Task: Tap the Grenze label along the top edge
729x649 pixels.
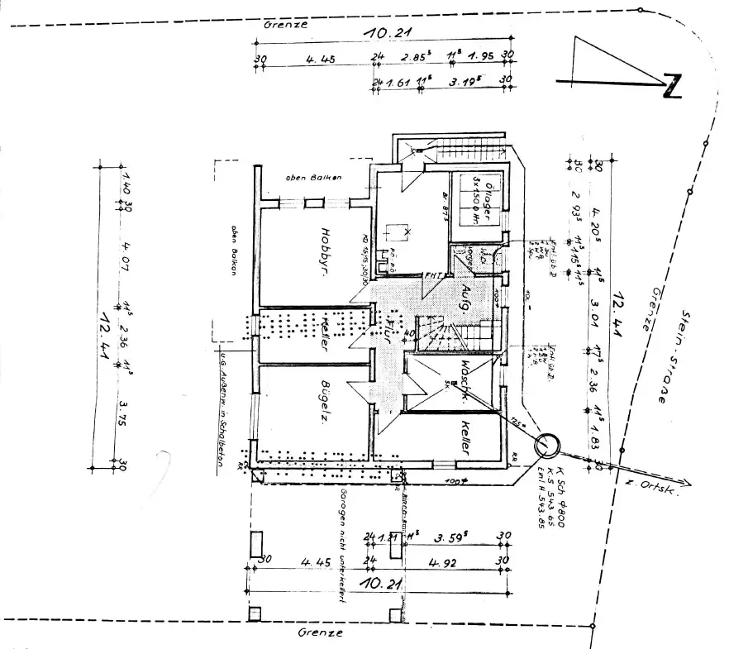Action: click(285, 25)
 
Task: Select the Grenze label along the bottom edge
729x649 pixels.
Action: click(319, 632)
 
